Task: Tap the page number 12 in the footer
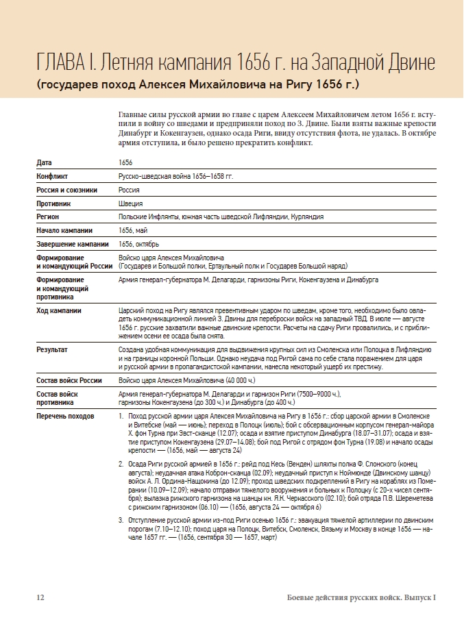(40, 597)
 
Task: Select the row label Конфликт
(52, 177)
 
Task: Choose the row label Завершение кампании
(72, 244)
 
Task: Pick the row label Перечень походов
(66, 416)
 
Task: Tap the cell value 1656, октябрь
(138, 244)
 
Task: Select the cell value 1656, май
(133, 230)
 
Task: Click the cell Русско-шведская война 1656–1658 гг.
(175, 177)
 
